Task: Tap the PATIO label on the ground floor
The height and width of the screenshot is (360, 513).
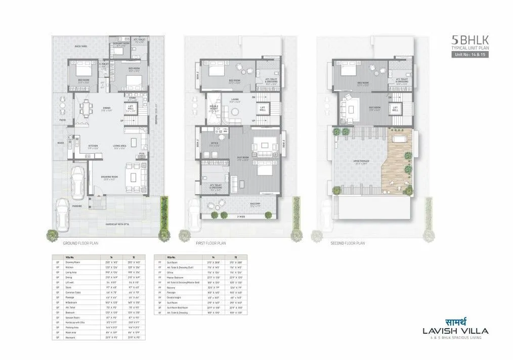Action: pyautogui.click(x=62, y=120)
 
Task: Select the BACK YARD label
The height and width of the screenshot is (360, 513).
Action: pyautogui.click(x=81, y=47)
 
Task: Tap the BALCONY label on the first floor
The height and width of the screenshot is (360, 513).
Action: pyautogui.click(x=254, y=204)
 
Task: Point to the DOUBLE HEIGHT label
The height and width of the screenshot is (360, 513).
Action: pyautogui.click(x=215, y=108)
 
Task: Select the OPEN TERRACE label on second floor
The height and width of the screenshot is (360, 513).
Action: pyautogui.click(x=361, y=162)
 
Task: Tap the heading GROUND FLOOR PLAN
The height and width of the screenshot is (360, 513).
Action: pyautogui.click(x=80, y=243)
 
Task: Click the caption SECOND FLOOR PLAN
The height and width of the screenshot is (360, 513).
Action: pyautogui.click(x=348, y=243)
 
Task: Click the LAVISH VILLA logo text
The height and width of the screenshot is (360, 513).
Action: pyautogui.click(x=453, y=331)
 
